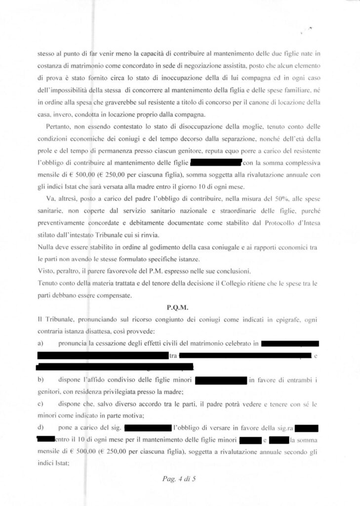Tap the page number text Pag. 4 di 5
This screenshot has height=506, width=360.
(x=180, y=478)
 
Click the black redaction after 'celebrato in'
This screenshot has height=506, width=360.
(x=290, y=343)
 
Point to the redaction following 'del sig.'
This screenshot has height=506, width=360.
(x=148, y=426)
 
